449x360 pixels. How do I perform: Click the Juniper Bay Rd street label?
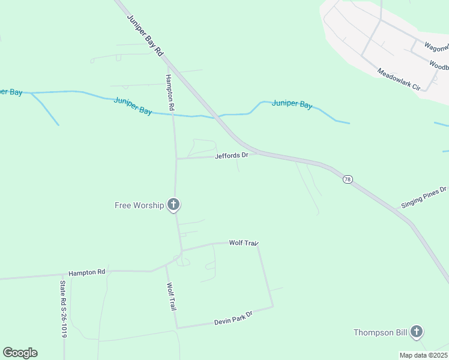tap(145, 35)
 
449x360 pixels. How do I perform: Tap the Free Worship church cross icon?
tap(173, 205)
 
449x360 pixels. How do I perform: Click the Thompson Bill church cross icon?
tap(417, 332)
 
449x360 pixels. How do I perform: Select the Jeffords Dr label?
tap(232, 155)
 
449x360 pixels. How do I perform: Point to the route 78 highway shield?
tap(347, 179)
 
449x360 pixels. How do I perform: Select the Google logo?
tap(20, 353)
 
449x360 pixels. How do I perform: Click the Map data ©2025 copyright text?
tap(423, 355)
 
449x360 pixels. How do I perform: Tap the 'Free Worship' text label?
tap(139, 205)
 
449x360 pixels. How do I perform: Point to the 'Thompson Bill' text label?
tap(380, 332)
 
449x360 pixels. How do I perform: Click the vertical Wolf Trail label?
tap(172, 296)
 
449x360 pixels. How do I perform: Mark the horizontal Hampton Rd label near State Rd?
tap(87, 272)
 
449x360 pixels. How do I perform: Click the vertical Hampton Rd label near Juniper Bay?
tap(170, 92)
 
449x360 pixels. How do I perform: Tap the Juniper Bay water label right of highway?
tap(292, 104)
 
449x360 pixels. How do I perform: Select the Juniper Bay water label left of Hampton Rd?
tap(133, 106)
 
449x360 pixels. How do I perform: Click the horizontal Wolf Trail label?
tap(243, 243)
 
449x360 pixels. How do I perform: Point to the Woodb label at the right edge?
tap(439, 64)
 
